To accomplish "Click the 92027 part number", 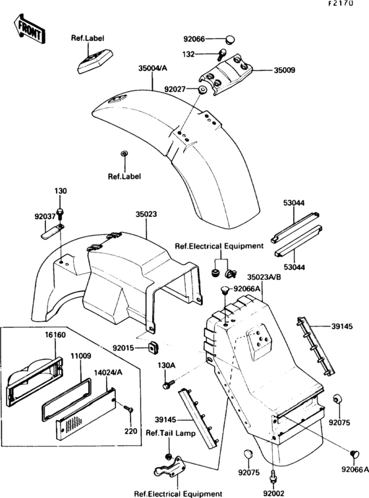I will (x=177, y=88).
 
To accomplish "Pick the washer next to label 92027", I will (x=200, y=88).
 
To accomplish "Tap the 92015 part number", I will (x=125, y=347).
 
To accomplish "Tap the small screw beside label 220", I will (x=130, y=410).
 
